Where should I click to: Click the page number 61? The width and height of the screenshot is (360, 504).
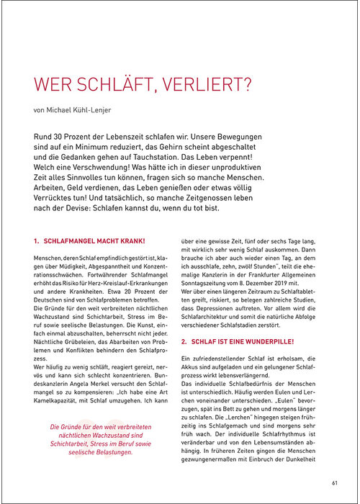pos(335,482)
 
